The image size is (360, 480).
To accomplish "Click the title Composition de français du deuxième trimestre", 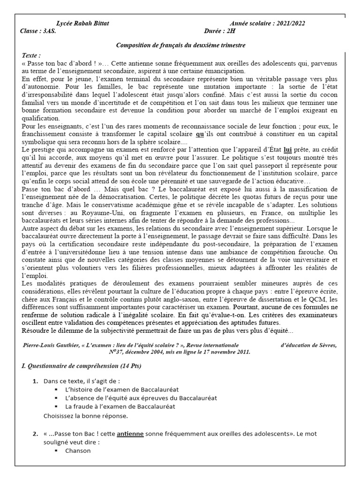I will [180, 45].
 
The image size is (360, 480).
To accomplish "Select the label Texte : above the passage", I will [31, 55].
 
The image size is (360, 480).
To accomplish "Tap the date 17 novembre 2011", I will [226, 352].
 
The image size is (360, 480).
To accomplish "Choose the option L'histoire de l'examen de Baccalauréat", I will [122, 390].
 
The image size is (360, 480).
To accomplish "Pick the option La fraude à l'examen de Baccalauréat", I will [120, 406].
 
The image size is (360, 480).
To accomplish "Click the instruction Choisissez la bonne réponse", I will [86, 415].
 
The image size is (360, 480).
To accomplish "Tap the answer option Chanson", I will [78, 451].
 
